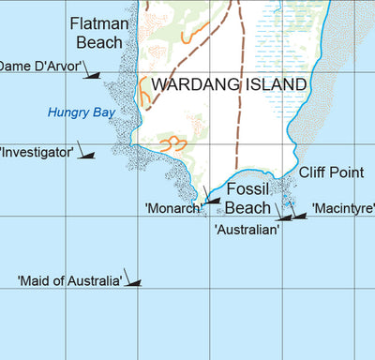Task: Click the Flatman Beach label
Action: pos(97,33)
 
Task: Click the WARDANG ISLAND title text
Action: pos(229,84)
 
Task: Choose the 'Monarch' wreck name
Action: pos(173,208)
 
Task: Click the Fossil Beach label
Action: pos(248,198)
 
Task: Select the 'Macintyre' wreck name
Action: pos(342,207)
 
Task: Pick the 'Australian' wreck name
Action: pos(247,228)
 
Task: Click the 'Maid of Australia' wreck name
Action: pos(70,280)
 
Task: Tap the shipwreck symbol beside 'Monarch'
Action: pos(210,200)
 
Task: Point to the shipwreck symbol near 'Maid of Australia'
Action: pos(134,281)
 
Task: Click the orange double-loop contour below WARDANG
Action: pos(172,143)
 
